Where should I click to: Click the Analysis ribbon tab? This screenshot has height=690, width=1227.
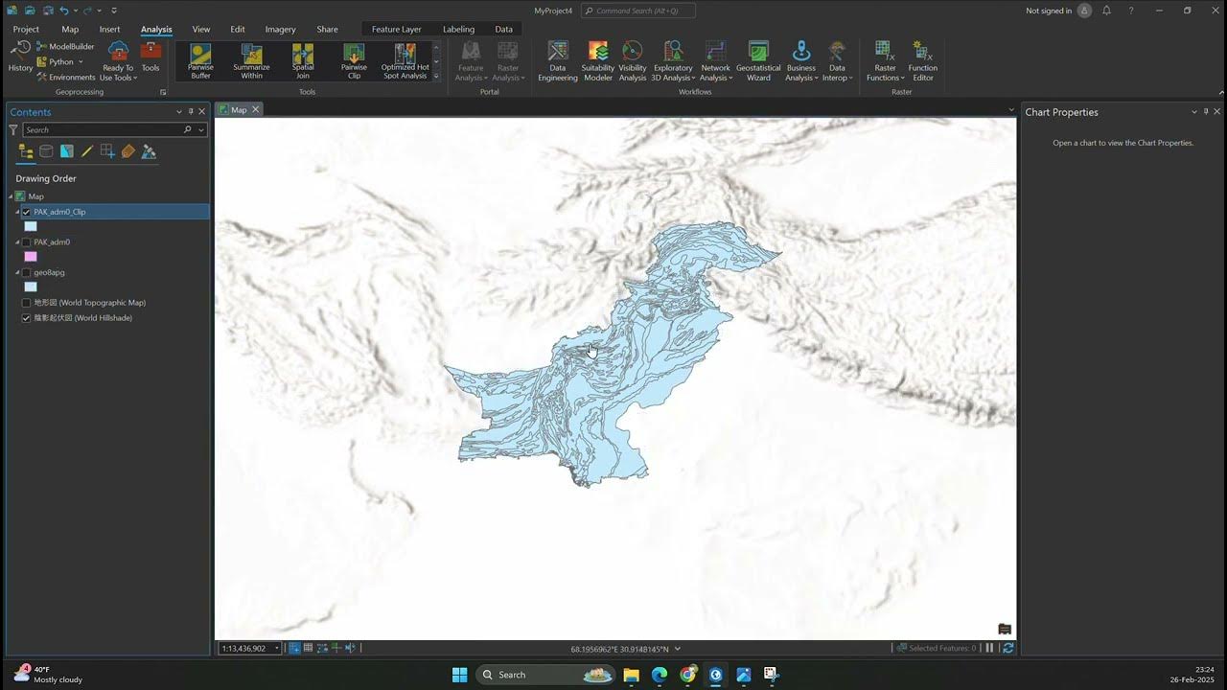tap(156, 29)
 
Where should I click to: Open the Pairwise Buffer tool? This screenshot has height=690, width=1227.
tap(200, 60)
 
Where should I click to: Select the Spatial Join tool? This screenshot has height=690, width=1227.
tap(303, 60)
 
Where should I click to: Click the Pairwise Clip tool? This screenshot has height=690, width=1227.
tap(354, 60)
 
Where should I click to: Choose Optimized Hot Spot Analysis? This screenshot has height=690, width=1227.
tap(405, 60)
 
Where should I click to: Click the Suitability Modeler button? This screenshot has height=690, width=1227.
tap(597, 60)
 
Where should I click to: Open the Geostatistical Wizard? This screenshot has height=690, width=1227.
tap(758, 60)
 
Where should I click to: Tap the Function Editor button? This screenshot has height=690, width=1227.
tap(922, 60)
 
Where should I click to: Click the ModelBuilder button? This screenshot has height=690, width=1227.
tap(66, 46)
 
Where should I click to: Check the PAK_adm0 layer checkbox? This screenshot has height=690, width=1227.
tap(26, 242)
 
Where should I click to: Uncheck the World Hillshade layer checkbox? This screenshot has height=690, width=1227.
tap(26, 318)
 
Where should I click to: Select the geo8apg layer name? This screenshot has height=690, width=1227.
tap(49, 272)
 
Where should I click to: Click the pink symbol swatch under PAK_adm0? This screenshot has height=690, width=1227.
tap(31, 257)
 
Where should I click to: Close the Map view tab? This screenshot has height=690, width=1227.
tap(255, 110)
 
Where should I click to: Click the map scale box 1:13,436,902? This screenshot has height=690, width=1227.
tap(246, 649)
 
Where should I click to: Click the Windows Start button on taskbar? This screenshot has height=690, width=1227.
tap(459, 675)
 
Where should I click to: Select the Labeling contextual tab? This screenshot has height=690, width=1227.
tap(458, 29)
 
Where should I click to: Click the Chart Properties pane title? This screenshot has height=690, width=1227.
tap(1061, 112)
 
